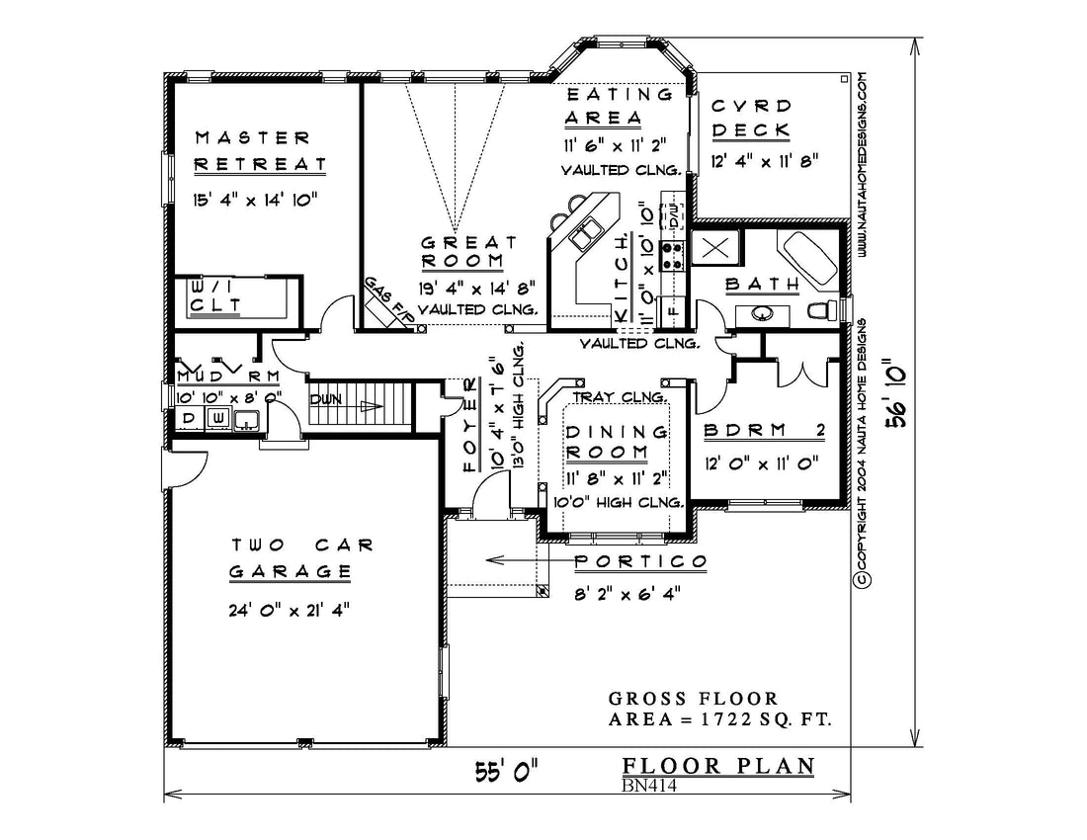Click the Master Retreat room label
(260, 151)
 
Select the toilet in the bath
(823, 309)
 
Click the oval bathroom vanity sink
(762, 314)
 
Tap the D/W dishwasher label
(673, 214)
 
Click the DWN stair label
(325, 400)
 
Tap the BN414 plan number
(648, 786)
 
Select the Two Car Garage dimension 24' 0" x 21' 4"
(289, 610)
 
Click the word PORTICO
(640, 561)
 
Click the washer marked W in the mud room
(217, 418)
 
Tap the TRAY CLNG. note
(619, 397)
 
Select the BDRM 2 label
(764, 431)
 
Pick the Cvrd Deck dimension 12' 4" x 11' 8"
(765, 161)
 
